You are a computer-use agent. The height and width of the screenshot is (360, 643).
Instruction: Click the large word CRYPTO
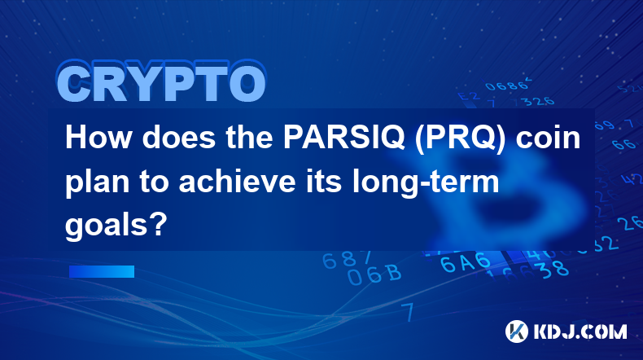pyautogui.click(x=162, y=82)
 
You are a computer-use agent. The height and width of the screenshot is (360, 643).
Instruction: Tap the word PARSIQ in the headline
pyautogui.click(x=343, y=137)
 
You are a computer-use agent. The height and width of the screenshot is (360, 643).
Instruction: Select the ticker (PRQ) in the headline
pyautogui.click(x=460, y=138)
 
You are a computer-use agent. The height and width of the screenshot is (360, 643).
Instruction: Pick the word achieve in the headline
pyautogui.click(x=237, y=182)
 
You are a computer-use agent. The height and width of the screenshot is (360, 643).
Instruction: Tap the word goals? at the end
pyautogui.click(x=116, y=226)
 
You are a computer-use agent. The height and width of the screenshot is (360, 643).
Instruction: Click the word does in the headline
pyautogui.click(x=179, y=137)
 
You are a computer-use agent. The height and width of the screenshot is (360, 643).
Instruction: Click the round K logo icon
pyautogui.click(x=516, y=331)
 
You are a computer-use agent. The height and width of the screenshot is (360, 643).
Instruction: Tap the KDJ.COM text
pyautogui.click(x=580, y=331)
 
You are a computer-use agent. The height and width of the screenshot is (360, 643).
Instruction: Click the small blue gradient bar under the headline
pyautogui.click(x=102, y=271)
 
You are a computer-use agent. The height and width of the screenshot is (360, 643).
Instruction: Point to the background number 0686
pyautogui.click(x=506, y=86)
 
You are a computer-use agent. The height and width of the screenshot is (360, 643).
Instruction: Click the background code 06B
pyautogui.click(x=374, y=274)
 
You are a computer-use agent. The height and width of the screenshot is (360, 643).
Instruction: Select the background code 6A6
pyautogui.click(x=466, y=262)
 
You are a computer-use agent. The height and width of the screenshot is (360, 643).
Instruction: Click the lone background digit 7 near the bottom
pyautogui.click(x=408, y=312)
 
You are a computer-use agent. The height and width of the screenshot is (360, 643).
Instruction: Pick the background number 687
pyautogui.click(x=347, y=260)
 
